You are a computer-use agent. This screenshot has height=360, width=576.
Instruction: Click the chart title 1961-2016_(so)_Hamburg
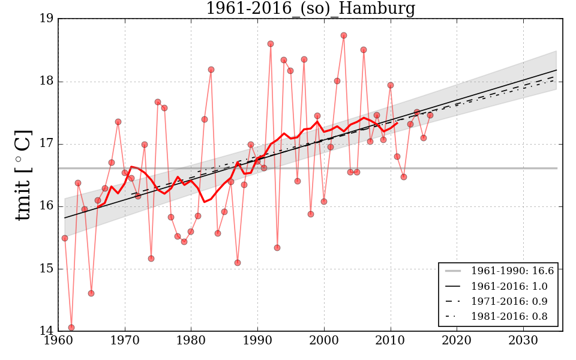310,8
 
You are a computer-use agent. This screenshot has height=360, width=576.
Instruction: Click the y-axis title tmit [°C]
23,175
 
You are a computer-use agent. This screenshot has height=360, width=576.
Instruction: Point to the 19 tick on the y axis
47,19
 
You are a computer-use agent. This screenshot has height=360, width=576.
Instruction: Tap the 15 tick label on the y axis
47,269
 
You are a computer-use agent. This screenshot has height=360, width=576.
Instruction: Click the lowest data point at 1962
71,328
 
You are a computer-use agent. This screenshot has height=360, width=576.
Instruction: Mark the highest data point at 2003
344,35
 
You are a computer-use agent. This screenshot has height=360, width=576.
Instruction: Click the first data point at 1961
65,238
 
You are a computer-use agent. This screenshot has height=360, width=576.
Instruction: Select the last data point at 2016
430,115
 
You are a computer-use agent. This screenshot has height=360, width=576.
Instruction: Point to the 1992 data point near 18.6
271,44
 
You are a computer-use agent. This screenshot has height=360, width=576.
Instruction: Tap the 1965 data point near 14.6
91,293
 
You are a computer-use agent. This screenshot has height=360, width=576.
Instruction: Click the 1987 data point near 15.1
238,263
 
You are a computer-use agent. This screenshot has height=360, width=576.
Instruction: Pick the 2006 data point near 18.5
364,50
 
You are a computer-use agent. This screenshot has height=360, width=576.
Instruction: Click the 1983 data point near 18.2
211,70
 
